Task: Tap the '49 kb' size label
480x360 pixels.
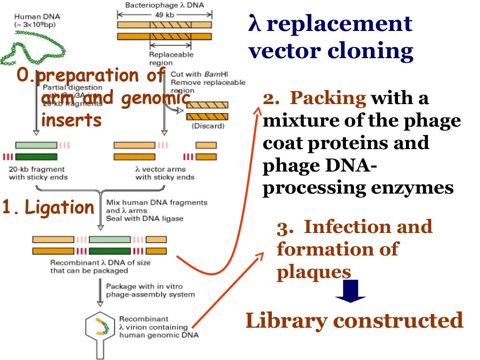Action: pyautogui.click(x=164, y=14)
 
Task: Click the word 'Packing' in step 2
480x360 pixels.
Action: pyautogui.click(x=328, y=98)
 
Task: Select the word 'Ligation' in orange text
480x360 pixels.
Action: pyautogui.click(x=60, y=207)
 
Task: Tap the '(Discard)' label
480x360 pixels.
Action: pyautogui.click(x=207, y=126)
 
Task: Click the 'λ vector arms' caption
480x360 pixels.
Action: pyautogui.click(x=160, y=169)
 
